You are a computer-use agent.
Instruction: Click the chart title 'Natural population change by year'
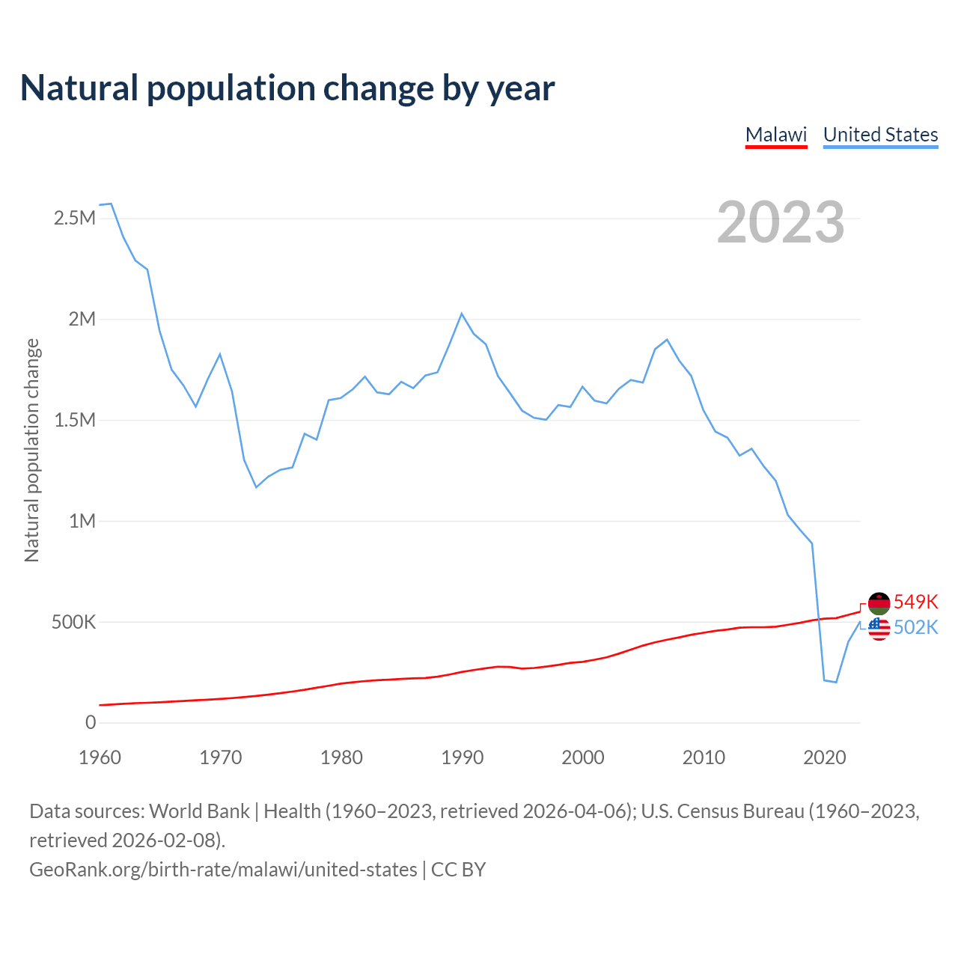287,88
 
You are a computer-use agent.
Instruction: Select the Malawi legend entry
776,135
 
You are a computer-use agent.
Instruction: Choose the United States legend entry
880,135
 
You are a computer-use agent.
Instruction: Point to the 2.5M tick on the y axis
75,219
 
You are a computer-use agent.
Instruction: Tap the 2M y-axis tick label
82,320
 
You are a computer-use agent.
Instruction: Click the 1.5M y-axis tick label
75,420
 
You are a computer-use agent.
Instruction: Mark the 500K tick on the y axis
73,622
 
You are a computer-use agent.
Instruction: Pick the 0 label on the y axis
91,722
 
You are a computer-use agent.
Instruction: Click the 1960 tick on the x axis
100,757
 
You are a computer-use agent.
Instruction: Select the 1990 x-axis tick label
463,757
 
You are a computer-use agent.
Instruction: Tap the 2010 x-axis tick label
704,757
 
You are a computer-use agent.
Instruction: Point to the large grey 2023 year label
781,222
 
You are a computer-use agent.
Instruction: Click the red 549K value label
915,602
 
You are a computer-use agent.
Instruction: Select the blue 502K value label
915,627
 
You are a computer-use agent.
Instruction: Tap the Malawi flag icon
879,603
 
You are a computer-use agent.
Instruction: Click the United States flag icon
879,629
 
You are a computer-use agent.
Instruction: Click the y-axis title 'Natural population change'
31,450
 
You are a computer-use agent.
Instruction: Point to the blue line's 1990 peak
462,314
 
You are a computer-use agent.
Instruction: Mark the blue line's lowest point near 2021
836,682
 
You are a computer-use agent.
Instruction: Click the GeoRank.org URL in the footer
223,870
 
